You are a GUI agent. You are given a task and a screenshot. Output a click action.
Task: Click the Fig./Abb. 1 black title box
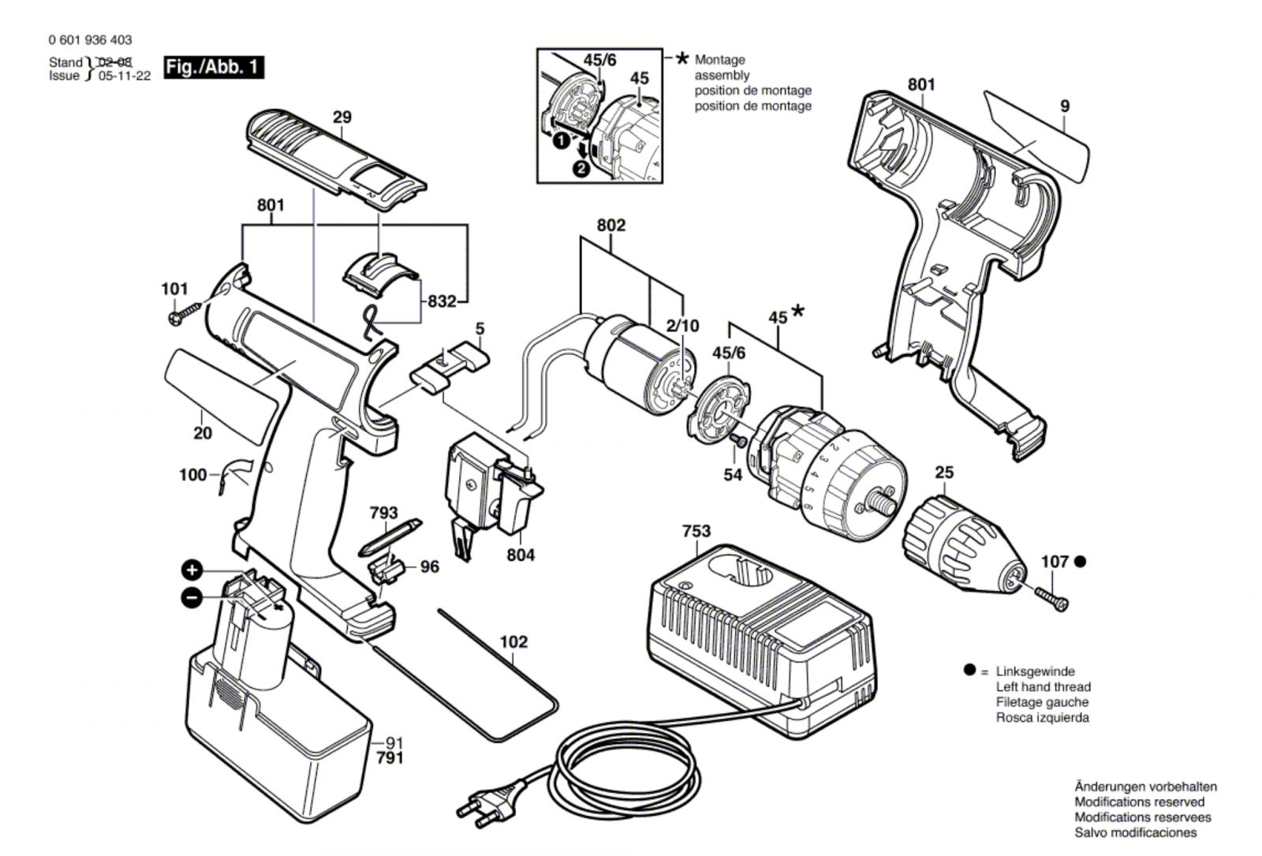tap(214, 68)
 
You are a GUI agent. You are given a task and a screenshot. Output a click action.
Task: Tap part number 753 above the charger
tap(696, 531)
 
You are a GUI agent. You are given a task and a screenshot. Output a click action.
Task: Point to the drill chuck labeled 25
tap(965, 545)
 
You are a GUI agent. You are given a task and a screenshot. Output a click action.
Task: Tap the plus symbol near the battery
tap(192, 570)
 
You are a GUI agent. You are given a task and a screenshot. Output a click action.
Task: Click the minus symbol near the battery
tap(192, 598)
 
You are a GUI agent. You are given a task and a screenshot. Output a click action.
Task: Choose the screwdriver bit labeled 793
tap(390, 537)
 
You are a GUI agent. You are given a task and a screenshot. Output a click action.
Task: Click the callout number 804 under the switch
tap(521, 555)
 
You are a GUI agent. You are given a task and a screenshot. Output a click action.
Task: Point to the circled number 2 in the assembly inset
tap(581, 168)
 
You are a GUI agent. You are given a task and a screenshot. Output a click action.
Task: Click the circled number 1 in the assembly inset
tap(561, 141)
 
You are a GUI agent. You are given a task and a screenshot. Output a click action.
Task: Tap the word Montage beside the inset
tap(719, 60)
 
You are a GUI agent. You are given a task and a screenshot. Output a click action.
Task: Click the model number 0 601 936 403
tap(90, 40)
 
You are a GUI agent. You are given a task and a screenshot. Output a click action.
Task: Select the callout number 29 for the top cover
tap(342, 118)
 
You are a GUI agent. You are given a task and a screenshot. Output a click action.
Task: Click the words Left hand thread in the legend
tap(1044, 687)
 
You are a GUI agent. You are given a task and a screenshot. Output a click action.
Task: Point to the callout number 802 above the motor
tap(611, 226)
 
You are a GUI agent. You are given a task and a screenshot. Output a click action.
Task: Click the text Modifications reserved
tap(1140, 802)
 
